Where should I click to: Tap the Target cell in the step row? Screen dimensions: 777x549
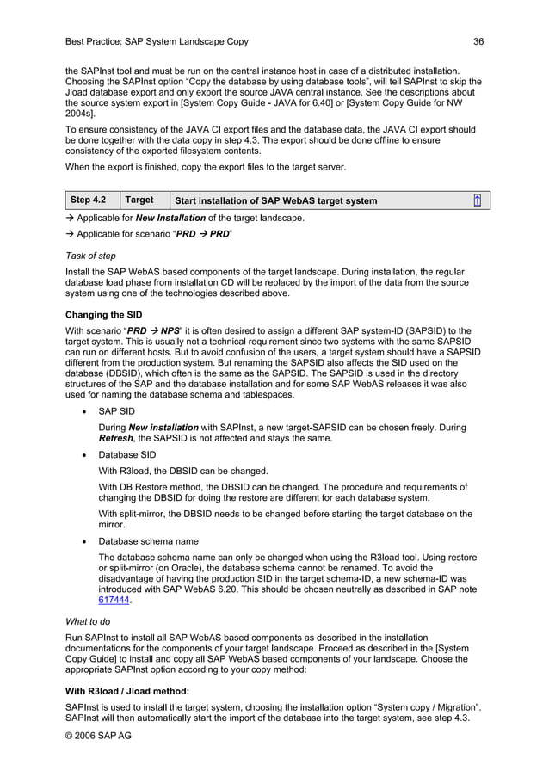(x=139, y=200)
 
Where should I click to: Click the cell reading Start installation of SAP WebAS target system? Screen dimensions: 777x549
(x=275, y=201)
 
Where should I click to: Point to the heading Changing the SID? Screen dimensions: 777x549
(x=104, y=315)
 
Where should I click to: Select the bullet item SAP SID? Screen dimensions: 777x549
(x=116, y=411)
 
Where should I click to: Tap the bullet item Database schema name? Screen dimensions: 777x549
(x=148, y=541)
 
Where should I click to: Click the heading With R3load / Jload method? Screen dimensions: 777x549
(x=127, y=691)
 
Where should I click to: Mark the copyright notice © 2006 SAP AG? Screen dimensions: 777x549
(x=99, y=736)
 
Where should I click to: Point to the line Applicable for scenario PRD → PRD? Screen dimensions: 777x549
(x=149, y=234)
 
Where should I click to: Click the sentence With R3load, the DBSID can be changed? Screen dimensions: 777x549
(x=183, y=471)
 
